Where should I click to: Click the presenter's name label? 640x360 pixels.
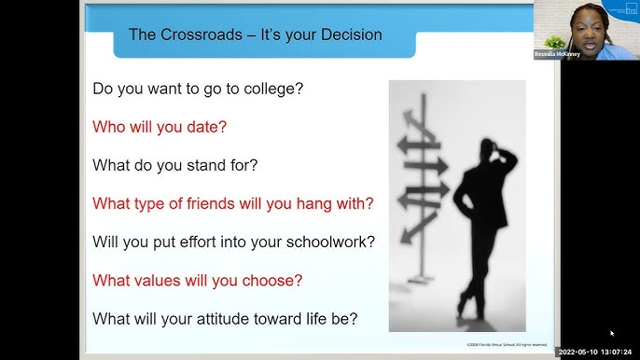point(558,55)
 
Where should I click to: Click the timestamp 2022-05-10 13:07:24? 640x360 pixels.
point(597,353)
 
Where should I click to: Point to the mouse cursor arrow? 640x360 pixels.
point(612,333)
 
